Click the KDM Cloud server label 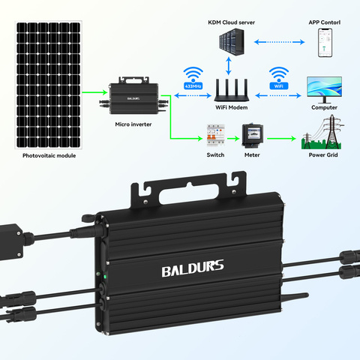tap(231, 22)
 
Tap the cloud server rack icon tap(232, 42)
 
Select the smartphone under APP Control tap(325, 43)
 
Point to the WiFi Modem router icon tap(232, 90)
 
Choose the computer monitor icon tap(324, 90)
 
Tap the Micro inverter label tap(133, 124)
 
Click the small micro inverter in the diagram tap(133, 96)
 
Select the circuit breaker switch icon tap(216, 136)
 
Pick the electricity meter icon tap(252, 136)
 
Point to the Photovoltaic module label tap(49, 155)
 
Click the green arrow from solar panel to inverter tap(94, 92)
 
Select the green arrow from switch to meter tap(233, 138)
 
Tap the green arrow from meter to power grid tap(281, 138)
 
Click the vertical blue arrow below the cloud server tap(229, 66)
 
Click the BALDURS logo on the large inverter tap(193, 268)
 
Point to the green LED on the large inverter tap(105, 277)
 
